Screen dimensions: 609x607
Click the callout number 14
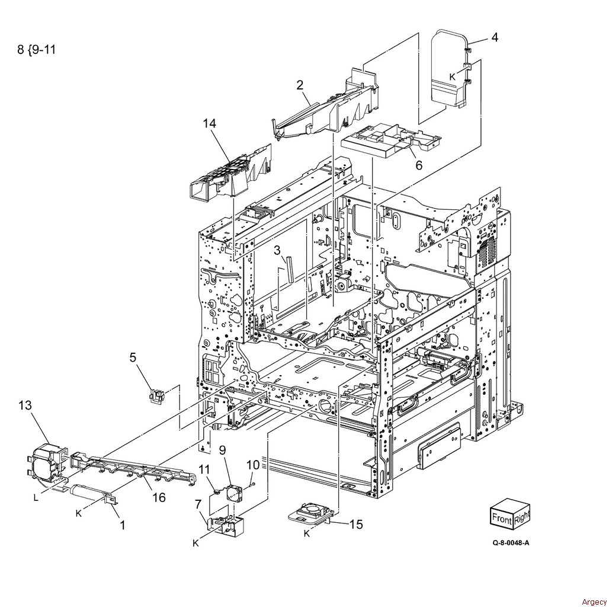(x=209, y=123)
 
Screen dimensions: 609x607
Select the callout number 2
(x=300, y=85)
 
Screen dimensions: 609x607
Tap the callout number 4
(x=495, y=37)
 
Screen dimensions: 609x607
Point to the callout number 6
(x=419, y=165)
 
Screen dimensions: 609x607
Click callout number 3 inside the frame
(x=277, y=250)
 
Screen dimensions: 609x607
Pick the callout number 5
(x=133, y=357)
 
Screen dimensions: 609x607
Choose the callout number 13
(x=25, y=405)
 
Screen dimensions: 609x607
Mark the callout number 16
(x=159, y=497)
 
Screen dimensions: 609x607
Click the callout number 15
(x=356, y=524)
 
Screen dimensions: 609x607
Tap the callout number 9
(x=223, y=450)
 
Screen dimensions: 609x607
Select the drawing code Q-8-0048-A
(x=511, y=543)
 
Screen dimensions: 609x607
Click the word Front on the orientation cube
(x=502, y=519)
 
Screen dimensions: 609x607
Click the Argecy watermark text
(x=594, y=602)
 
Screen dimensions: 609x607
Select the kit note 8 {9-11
(x=37, y=50)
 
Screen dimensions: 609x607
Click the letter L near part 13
(x=36, y=498)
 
